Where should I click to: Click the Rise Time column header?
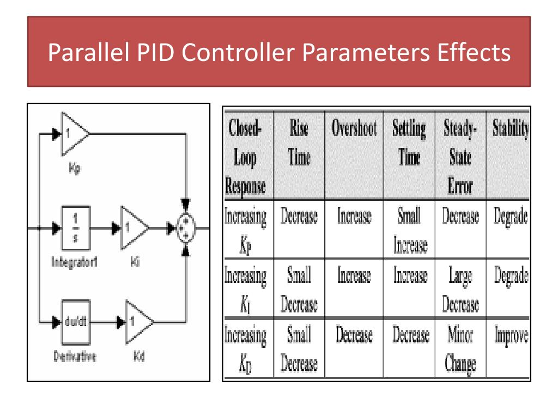pos(299,143)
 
